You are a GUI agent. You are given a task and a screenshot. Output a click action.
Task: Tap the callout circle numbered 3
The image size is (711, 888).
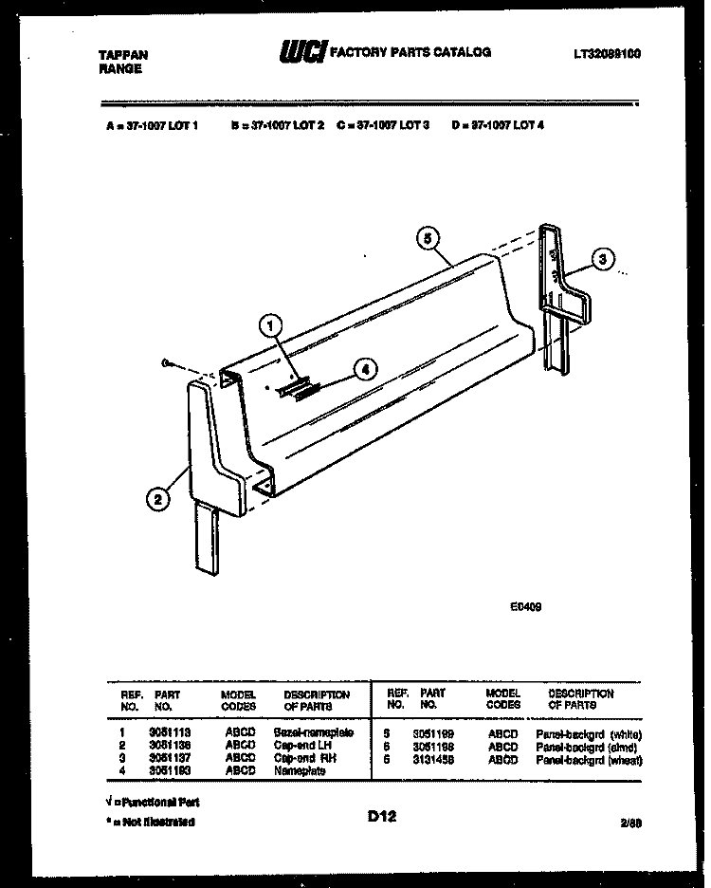(601, 257)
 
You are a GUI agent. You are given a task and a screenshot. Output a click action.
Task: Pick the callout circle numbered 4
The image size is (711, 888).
(368, 371)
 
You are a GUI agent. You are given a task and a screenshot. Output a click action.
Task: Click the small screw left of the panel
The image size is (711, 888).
(165, 363)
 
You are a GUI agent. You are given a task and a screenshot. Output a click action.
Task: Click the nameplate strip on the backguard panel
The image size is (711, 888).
(296, 388)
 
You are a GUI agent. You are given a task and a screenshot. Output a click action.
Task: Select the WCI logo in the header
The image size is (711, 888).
(301, 55)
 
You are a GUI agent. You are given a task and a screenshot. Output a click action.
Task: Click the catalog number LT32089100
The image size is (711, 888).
(607, 54)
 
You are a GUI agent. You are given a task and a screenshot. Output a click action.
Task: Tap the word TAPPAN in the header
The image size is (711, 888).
(123, 55)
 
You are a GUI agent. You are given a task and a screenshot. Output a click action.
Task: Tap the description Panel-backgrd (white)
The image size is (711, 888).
(589, 734)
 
